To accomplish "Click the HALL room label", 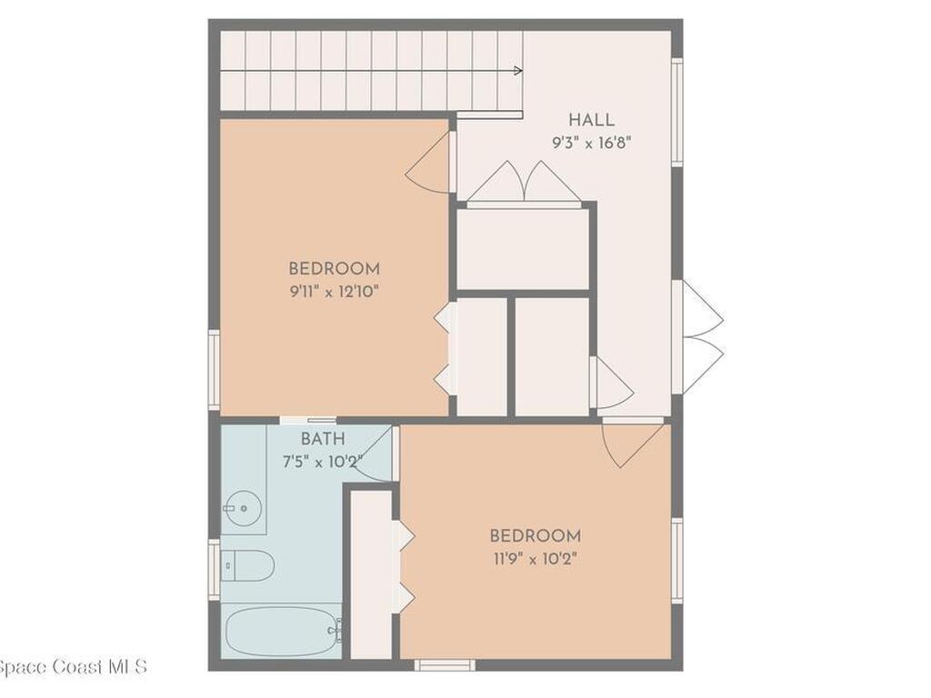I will [591, 120].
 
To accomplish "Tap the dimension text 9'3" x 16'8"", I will [591, 143].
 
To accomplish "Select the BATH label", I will [323, 440].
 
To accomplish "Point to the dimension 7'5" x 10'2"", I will [323, 461].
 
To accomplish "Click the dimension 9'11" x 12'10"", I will [334, 291].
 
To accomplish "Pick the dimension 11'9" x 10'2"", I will [535, 558].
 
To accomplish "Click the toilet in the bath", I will [248, 565].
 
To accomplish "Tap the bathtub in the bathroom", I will [283, 629].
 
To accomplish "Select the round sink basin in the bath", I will [243, 507].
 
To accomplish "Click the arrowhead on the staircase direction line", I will [518, 70].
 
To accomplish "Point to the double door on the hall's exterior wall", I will [701, 336].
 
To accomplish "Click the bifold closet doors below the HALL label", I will [525, 183].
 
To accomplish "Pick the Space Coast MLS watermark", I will [73, 667].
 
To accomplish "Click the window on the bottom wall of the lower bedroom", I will [445, 665].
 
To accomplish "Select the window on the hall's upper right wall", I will [676, 112].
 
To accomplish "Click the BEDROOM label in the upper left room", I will [334, 269].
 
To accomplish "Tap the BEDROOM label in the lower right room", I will [535, 535].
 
